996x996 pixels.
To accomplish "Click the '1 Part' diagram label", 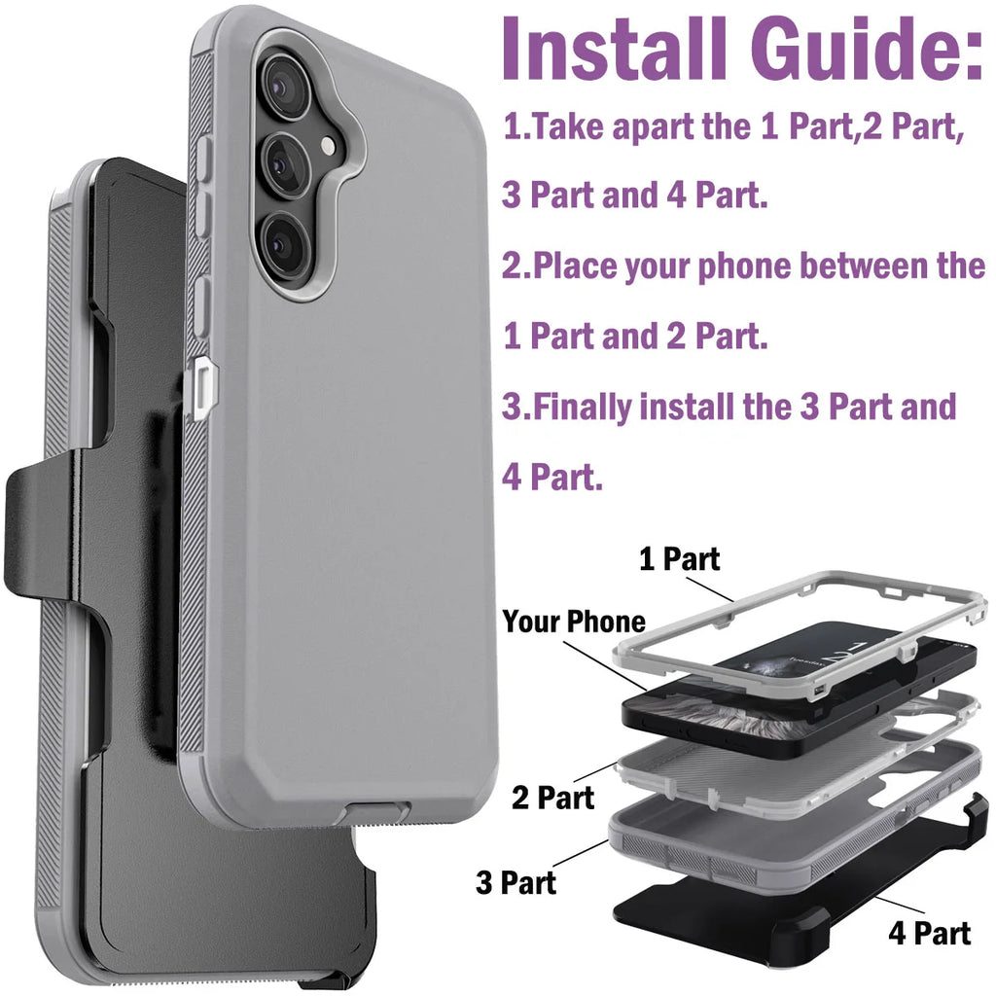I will click(x=679, y=559).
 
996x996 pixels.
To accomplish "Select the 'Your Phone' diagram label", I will click(x=573, y=622).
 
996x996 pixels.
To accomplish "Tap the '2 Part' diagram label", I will click(x=552, y=799).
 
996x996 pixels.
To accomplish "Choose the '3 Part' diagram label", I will click(x=516, y=882).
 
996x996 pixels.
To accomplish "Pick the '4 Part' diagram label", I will click(x=929, y=934).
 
